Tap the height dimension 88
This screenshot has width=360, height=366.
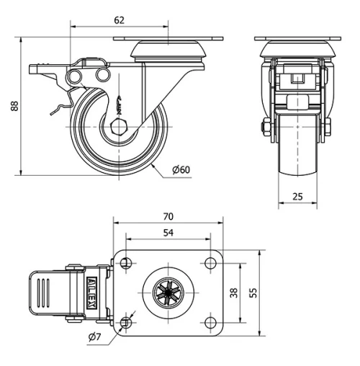coord(14,105)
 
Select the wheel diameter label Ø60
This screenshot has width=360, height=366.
coord(181,169)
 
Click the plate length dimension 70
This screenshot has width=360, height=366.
coord(168,216)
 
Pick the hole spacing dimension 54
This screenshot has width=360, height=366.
coord(168,233)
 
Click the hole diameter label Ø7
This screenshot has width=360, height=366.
coord(94,337)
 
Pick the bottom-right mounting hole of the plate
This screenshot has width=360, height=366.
coord(210,322)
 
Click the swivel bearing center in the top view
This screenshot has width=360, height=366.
coord(169,293)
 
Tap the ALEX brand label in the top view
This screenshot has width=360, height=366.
coord(94,293)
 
